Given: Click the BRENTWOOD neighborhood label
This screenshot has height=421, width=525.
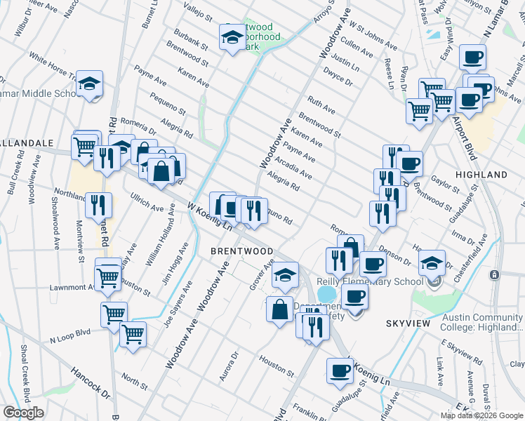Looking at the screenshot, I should [x=242, y=250].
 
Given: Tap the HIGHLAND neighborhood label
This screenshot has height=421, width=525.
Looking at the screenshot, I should [x=481, y=174].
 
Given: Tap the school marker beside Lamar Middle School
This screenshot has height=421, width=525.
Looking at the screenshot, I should [x=89, y=84].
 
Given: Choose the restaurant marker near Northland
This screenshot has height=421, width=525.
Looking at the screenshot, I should [x=98, y=205].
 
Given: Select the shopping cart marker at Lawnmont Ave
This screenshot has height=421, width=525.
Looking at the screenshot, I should [x=107, y=276].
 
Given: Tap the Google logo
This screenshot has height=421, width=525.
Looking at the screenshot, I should [x=23, y=413].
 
